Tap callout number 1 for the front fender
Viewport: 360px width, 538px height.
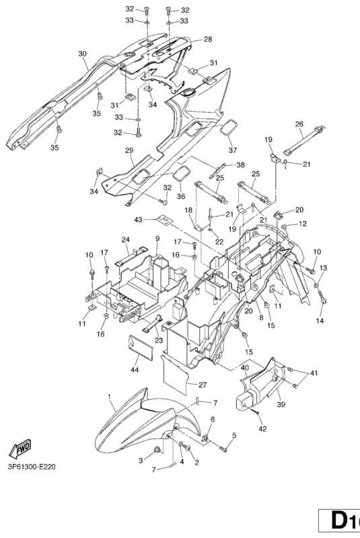[x=110, y=397]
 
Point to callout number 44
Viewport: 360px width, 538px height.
[x=135, y=369]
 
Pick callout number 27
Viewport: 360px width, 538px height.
[x=203, y=385]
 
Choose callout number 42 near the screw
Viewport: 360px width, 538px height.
[x=263, y=428]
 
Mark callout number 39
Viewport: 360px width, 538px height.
[x=281, y=405]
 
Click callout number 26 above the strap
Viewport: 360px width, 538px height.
[x=299, y=124]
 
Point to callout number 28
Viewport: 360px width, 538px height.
[x=208, y=39]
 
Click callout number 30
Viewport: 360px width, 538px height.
[x=82, y=54]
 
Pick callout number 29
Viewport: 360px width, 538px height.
[x=129, y=150]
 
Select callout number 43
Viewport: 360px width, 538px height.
[x=138, y=219]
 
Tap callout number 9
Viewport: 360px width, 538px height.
[x=157, y=238]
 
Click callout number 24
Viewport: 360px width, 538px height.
[x=126, y=239]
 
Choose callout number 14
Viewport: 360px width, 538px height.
[x=320, y=321]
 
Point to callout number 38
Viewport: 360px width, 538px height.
[x=241, y=165]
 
